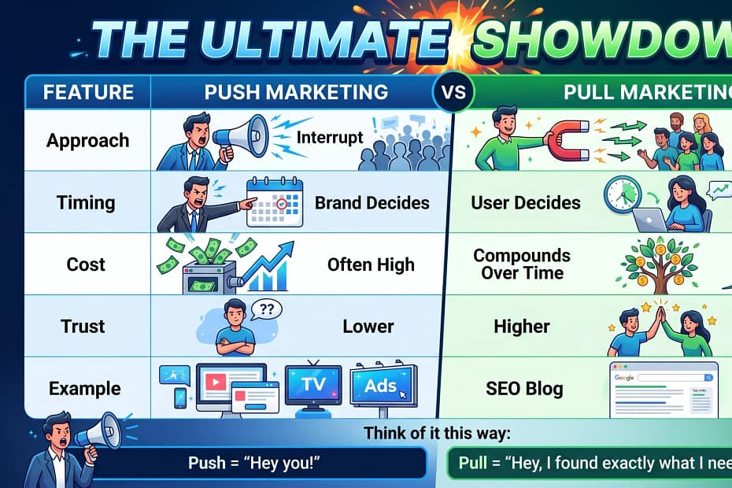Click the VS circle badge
(x=453, y=92)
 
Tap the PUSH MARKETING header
(x=296, y=92)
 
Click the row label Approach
(x=87, y=141)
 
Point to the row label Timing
(x=86, y=202)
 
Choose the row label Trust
(x=83, y=326)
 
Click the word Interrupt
(x=330, y=138)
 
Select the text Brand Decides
(x=372, y=202)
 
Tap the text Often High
(x=371, y=264)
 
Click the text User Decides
(x=526, y=202)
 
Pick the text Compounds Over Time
(x=522, y=264)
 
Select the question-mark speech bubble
(x=269, y=309)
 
